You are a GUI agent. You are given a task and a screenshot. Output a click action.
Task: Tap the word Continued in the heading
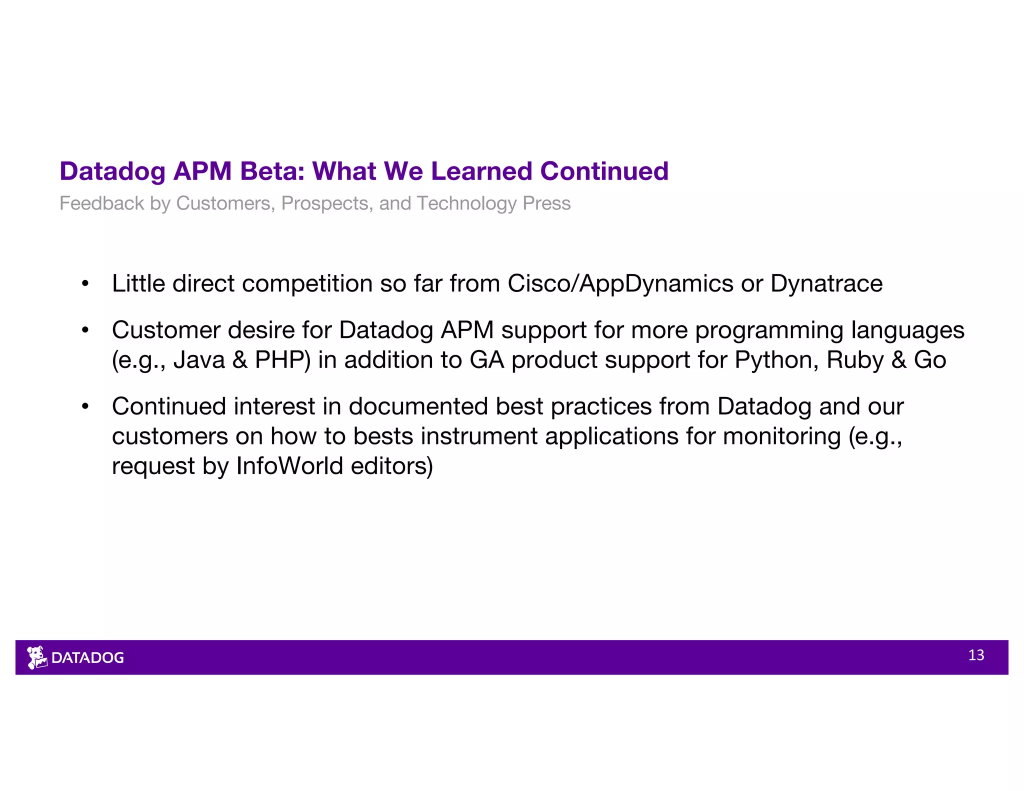604,171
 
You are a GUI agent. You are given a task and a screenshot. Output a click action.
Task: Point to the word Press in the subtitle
546,203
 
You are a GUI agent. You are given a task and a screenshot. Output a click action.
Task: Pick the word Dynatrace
826,284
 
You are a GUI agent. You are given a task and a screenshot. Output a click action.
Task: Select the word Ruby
855,360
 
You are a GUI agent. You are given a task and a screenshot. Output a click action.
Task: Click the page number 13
976,655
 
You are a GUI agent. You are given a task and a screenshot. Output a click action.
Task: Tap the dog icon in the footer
36,657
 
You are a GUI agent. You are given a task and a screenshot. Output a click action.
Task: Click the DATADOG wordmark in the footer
88,658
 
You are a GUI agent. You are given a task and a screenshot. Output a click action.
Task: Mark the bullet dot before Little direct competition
85,284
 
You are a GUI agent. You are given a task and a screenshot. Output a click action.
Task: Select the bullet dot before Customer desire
85,330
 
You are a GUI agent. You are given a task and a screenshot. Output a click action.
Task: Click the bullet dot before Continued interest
85,406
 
